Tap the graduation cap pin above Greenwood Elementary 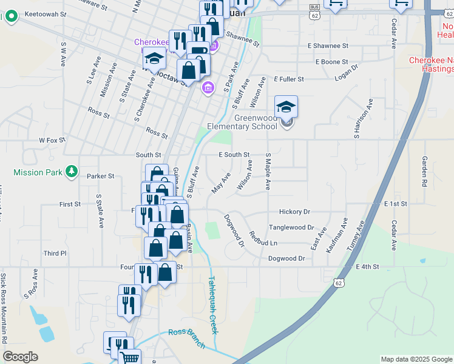[286, 108]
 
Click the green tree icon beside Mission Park [72, 172]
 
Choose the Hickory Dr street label [294, 212]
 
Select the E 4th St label [367, 267]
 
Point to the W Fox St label [52, 140]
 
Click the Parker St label [101, 176]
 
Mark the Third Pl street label [55, 253]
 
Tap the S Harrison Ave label [357, 124]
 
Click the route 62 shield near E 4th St [338, 283]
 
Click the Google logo [20, 357]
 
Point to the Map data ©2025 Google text [416, 359]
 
